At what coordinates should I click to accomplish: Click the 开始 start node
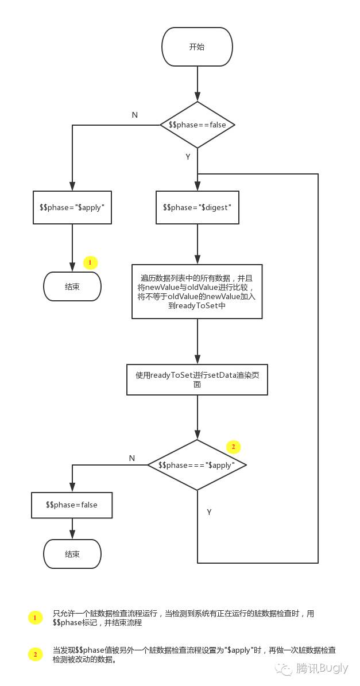coord(197,46)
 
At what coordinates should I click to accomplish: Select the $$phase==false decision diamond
coord(197,125)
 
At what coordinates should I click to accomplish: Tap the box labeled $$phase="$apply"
coord(72,207)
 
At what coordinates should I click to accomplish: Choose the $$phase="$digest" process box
coord(197,207)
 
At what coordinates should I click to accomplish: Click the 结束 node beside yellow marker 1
coord(72,286)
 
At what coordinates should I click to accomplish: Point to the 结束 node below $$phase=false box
coord(72,554)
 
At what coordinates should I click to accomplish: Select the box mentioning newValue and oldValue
coord(197,292)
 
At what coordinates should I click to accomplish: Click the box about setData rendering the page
coord(197,379)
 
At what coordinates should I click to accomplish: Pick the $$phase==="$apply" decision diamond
coord(197,465)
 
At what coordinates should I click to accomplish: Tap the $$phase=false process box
coord(72,505)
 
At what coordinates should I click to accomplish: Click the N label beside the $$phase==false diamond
coord(135,115)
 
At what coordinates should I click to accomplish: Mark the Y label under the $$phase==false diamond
coord(188,157)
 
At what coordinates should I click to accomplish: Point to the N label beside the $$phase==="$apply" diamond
coord(132,458)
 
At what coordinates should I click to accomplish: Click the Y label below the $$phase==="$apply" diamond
coord(209,512)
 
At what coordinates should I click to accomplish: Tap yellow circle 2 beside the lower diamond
coord(233,447)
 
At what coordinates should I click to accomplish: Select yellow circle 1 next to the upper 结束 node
coord(90,263)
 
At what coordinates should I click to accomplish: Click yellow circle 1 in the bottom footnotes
coord(35,618)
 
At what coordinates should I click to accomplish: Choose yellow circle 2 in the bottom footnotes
coord(35,654)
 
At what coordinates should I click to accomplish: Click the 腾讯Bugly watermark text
coord(322,668)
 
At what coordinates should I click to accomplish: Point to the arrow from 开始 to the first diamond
coord(197,84)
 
